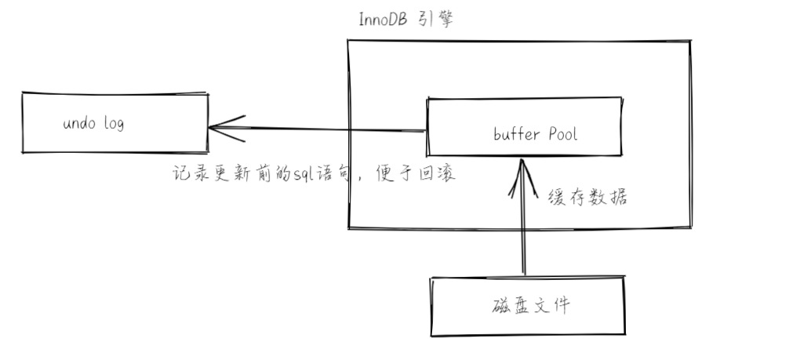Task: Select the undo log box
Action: pos(115,123)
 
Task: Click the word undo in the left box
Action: pos(78,124)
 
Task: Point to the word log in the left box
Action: pos(114,125)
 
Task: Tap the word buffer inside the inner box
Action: pos(516,134)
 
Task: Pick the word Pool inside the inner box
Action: pos(563,134)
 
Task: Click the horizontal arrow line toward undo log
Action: pos(329,130)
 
